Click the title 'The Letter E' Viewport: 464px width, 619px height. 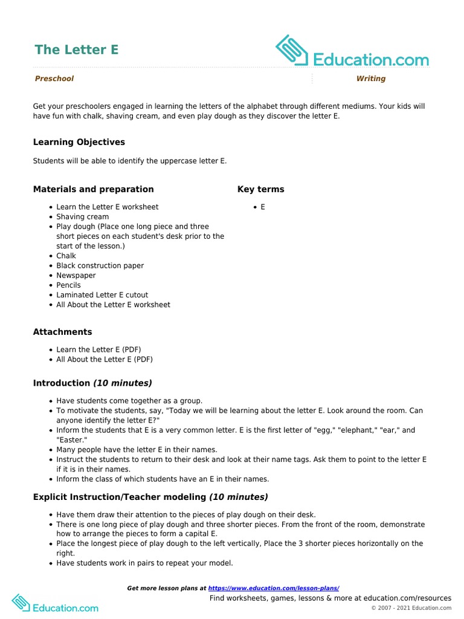tap(76, 50)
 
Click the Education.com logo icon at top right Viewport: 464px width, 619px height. tap(292, 50)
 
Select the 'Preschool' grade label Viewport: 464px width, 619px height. tap(54, 79)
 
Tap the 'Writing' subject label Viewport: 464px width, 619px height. tap(370, 79)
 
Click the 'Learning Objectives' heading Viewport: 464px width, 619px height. tap(79, 142)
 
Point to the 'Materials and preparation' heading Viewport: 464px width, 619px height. tap(94, 189)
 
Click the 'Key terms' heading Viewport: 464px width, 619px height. tap(260, 189)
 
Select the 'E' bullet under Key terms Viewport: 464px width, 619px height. tap(263, 207)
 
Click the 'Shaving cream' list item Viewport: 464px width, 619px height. tap(83, 216)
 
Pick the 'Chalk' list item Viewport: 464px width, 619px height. tap(66, 256)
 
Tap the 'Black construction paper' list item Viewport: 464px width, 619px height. tap(100, 265)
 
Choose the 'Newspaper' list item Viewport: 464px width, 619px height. tap(76, 275)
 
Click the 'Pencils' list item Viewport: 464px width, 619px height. tap(68, 285)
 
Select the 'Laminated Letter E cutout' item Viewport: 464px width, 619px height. tap(102, 295)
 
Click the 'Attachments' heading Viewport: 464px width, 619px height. tap(63, 332)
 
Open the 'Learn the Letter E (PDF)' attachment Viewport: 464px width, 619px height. tap(98, 349)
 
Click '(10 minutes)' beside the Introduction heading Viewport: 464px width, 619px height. tap(122, 383)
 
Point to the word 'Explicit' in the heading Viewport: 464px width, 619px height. tap(51, 497)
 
